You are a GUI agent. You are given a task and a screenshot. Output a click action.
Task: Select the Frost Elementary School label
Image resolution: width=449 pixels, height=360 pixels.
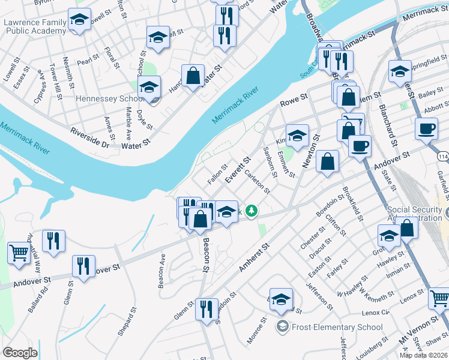[336, 327]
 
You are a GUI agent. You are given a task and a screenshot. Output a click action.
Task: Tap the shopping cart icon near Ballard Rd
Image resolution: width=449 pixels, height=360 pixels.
[18, 252]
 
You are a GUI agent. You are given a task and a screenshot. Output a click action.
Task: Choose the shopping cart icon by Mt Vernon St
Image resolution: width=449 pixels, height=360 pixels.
[439, 298]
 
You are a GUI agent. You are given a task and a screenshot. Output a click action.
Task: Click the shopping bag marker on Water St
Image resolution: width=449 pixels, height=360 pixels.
[193, 76]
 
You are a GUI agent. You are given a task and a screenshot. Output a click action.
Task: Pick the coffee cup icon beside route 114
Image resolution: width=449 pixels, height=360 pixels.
[426, 128]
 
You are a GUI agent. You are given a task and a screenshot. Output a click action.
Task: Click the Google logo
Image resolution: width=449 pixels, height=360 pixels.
[20, 353]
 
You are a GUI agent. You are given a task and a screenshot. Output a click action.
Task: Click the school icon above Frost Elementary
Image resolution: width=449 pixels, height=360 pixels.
[280, 299]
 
